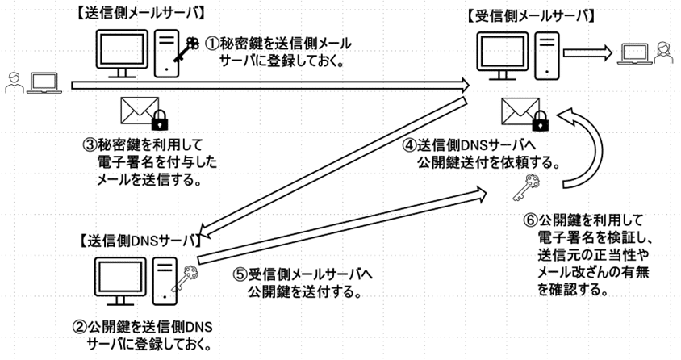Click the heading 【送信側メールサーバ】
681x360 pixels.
[x=138, y=13]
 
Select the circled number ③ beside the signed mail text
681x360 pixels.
[x=91, y=146]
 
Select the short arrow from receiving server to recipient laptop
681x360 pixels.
[x=587, y=53]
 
